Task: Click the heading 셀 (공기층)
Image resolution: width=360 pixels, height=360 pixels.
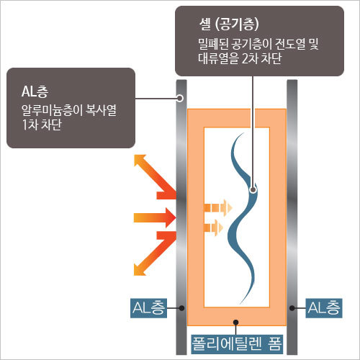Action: [229, 24]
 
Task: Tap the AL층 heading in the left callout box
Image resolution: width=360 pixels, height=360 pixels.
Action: [35, 91]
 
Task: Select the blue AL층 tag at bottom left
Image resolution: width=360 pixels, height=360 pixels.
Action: [148, 308]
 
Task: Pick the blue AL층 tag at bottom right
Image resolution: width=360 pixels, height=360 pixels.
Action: [324, 308]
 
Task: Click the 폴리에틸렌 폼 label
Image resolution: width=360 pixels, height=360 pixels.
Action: [237, 344]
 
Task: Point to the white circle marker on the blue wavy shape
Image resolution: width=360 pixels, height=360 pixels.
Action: [253, 190]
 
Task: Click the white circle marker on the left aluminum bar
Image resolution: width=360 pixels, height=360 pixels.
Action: [180, 98]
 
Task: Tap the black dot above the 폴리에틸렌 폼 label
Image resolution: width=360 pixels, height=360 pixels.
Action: [236, 322]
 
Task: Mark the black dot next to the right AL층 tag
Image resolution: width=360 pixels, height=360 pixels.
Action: [292, 308]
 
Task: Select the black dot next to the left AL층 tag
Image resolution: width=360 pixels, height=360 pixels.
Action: [182, 308]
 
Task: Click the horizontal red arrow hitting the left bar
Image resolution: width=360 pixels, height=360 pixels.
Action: [155, 217]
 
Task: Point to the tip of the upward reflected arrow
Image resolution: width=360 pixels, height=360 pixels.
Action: [135, 155]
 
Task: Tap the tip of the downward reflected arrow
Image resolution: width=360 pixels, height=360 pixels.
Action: [135, 275]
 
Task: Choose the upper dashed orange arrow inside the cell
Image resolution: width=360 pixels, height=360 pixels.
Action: [218, 208]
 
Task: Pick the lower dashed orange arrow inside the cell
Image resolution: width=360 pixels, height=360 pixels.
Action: [213, 228]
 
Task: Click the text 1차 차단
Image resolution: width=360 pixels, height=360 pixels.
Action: [42, 125]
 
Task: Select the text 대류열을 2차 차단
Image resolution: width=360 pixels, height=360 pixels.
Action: [240, 58]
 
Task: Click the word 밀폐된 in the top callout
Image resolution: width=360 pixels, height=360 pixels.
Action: [213, 44]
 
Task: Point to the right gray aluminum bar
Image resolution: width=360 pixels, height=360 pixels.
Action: [292, 217]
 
